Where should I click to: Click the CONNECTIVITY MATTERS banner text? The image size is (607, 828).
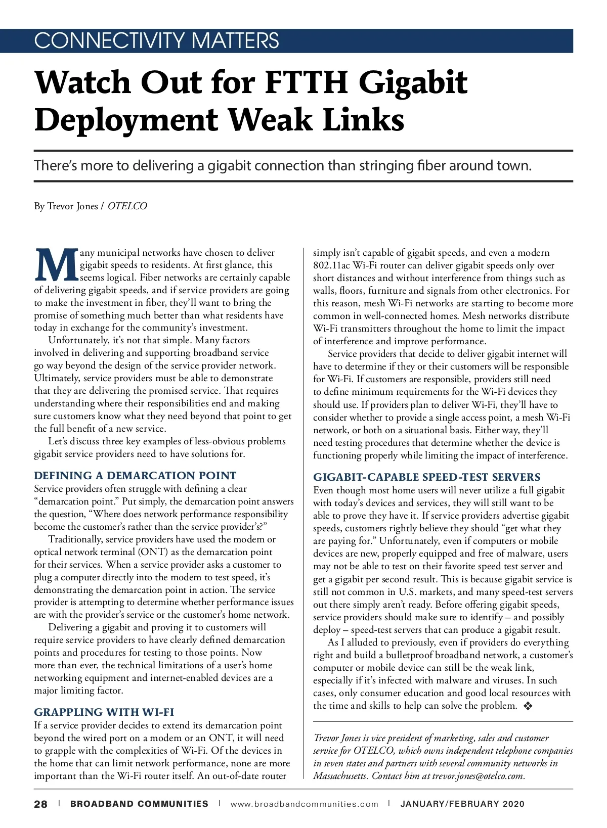pos(156,40)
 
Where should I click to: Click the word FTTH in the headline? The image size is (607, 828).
pos(306,82)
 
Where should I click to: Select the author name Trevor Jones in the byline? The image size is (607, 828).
pos(73,206)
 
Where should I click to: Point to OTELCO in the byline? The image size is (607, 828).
pos(127,206)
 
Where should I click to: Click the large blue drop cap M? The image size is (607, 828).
pos(56,265)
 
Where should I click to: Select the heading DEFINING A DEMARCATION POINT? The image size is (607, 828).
pos(135,476)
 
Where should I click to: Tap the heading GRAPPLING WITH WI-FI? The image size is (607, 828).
pos(104,712)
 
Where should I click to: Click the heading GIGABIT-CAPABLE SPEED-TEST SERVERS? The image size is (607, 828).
pos(427,477)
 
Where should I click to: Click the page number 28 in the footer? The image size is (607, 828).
pos(40,804)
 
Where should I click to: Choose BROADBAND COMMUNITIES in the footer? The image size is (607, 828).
pos(139,804)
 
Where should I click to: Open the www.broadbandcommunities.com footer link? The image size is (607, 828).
pos(304,804)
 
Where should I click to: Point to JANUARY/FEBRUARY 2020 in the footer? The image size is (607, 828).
pos(462,804)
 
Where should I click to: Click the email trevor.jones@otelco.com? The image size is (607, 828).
pos(478,776)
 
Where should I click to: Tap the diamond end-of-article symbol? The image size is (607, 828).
pos(528,706)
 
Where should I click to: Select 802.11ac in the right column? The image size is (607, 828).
pos(331,265)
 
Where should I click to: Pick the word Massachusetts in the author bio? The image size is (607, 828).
pos(340,776)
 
